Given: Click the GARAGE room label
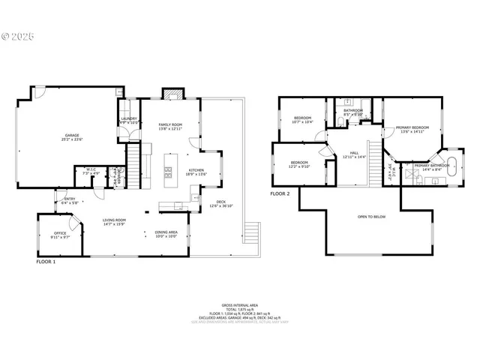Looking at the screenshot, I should pos(72,136).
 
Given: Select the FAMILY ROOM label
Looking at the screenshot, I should pos(170,124).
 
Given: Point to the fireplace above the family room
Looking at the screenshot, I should pos(172,94).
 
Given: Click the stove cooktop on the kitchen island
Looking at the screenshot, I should pos(168,172).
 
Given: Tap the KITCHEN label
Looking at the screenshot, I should pos(196,170).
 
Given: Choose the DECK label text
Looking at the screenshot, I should pos(220,201).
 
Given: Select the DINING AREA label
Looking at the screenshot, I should pos(166,232).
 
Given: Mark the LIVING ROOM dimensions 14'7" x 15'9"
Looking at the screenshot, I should pos(113,224).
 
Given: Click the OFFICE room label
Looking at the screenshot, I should pos(60,233).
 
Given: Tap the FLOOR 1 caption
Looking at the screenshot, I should pos(46,262).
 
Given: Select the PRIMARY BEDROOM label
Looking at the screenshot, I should pos(412,127).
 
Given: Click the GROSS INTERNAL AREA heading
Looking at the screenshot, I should pos(240,305).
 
